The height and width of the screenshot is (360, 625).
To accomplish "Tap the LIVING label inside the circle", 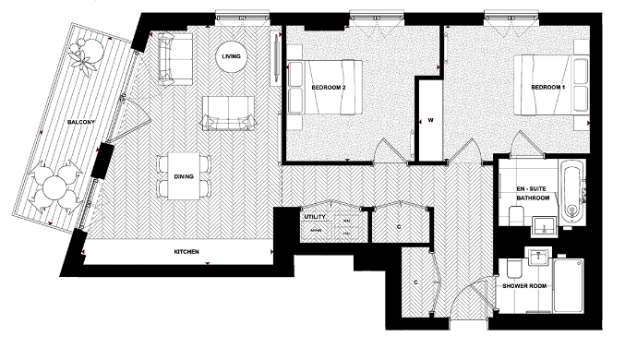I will [231, 58].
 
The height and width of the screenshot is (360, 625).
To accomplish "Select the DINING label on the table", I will [184, 175].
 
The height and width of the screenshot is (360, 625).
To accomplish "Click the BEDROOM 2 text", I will [330, 87].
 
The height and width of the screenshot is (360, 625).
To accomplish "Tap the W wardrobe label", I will [430, 120].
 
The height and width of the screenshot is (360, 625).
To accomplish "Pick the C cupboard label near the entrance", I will [416, 282].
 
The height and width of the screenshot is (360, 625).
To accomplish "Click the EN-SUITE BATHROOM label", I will [533, 193].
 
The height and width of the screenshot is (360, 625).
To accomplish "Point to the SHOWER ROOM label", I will [524, 286].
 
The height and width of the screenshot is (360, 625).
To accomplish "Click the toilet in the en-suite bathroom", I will [515, 214].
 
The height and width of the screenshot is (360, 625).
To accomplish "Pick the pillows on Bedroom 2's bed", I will [297, 87].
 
